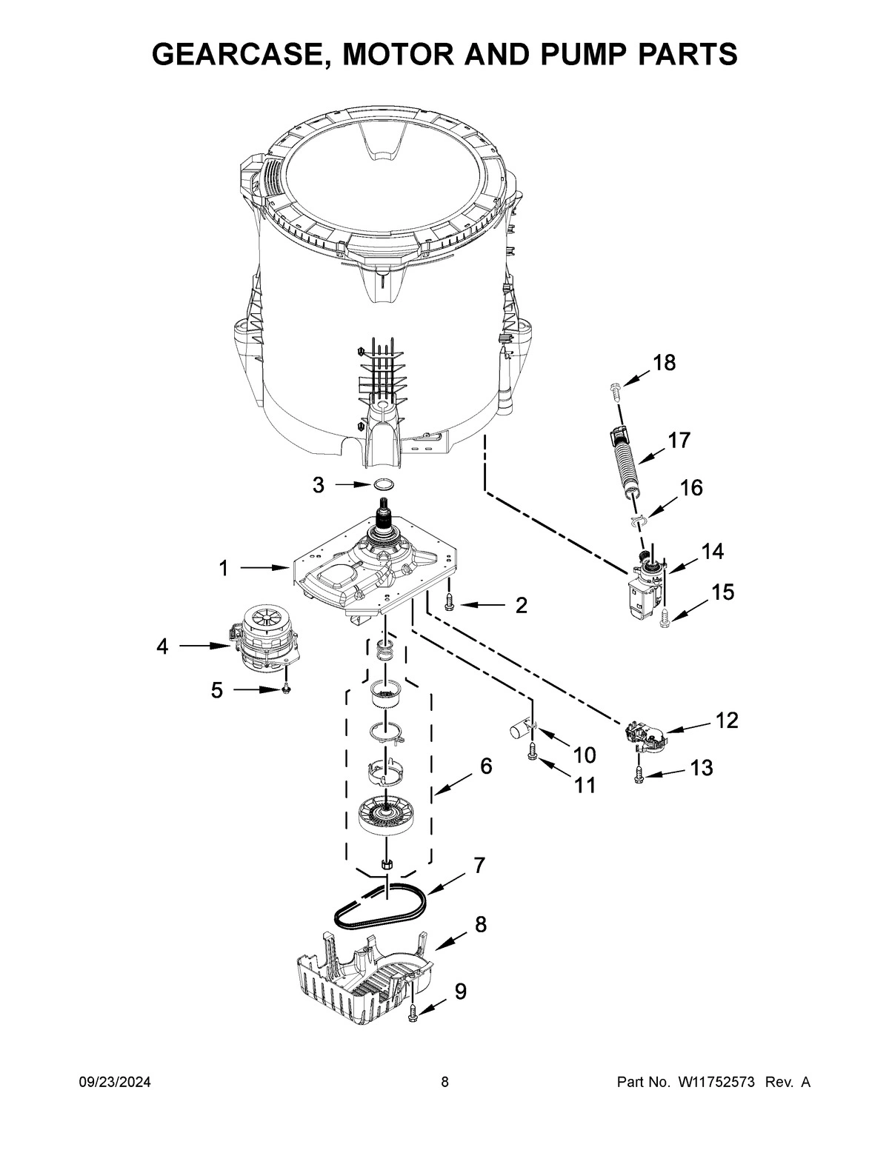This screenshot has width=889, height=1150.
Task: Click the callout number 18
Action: coord(664,363)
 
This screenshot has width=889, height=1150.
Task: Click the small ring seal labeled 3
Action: coord(383,484)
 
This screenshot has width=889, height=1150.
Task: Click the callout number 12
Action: coord(727,720)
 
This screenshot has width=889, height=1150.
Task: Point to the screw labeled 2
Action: coord(449,604)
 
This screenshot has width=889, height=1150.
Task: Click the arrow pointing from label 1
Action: coord(264,569)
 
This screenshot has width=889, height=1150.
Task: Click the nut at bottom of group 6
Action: coord(385,863)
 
